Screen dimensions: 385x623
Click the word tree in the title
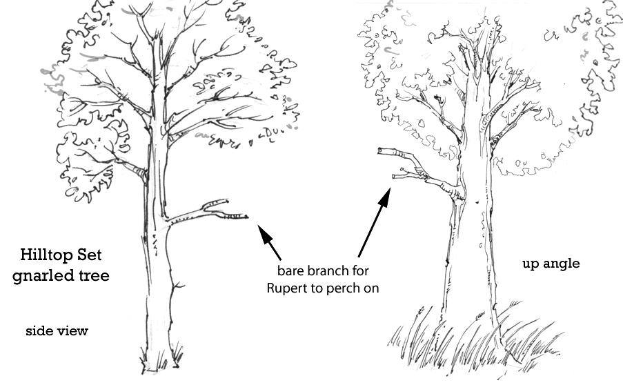95,276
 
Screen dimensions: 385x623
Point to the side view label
57,331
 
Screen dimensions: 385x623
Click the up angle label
551,264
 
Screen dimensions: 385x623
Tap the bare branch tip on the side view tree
246,217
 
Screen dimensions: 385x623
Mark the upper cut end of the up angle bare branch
382,151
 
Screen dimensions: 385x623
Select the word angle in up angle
562,264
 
